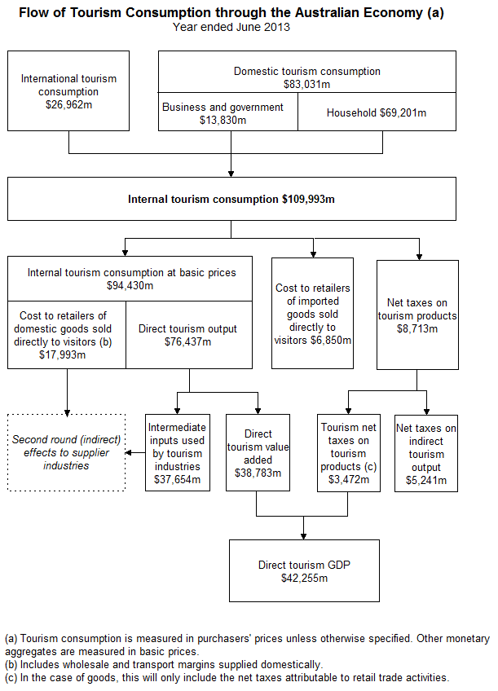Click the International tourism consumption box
[x=68, y=90]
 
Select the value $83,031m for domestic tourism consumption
[x=306, y=84]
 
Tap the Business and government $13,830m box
[x=223, y=114]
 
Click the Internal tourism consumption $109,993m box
[x=231, y=199]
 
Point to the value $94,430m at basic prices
[x=130, y=286]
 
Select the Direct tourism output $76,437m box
[x=188, y=335]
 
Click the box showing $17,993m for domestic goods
[x=67, y=335]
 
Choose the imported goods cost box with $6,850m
[x=314, y=314]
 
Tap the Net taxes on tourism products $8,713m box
[x=417, y=315]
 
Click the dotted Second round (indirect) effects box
[x=67, y=452]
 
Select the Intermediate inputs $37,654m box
[x=177, y=453]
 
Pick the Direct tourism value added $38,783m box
[x=258, y=453]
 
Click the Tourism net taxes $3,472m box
[x=349, y=453]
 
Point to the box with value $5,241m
[x=426, y=453]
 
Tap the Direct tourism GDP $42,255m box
[x=303, y=571]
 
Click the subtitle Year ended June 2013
[x=231, y=26]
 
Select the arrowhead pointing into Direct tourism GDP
[x=303, y=535]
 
